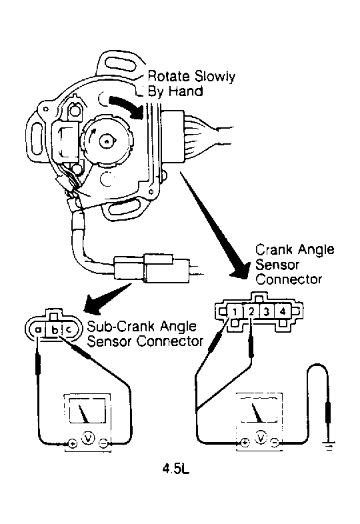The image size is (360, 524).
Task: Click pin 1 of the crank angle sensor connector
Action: coord(235,312)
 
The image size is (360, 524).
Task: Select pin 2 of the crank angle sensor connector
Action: coord(251,311)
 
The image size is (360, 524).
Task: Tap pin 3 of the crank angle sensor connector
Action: coord(267,311)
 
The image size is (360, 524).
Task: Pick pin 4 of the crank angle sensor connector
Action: coord(283,311)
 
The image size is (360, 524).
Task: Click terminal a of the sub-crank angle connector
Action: coord(38,330)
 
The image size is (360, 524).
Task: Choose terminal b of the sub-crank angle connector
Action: coord(55,330)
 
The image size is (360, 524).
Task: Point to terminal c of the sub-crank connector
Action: coord(69,330)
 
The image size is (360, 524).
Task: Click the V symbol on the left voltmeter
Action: coord(88,438)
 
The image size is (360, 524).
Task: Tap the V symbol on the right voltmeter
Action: coord(260,437)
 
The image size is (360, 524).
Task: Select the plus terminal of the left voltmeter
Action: coord(73,444)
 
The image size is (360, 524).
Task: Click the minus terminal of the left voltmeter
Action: coord(103,443)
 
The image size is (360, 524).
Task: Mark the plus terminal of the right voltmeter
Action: coord(245,443)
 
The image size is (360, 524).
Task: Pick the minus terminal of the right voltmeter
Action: coord(275,443)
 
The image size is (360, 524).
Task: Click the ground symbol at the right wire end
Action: coord(329,445)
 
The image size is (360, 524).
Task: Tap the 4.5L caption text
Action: coord(176,469)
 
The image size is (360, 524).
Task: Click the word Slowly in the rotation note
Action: coord(215,77)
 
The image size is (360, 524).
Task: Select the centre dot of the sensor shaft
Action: coord(107,141)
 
